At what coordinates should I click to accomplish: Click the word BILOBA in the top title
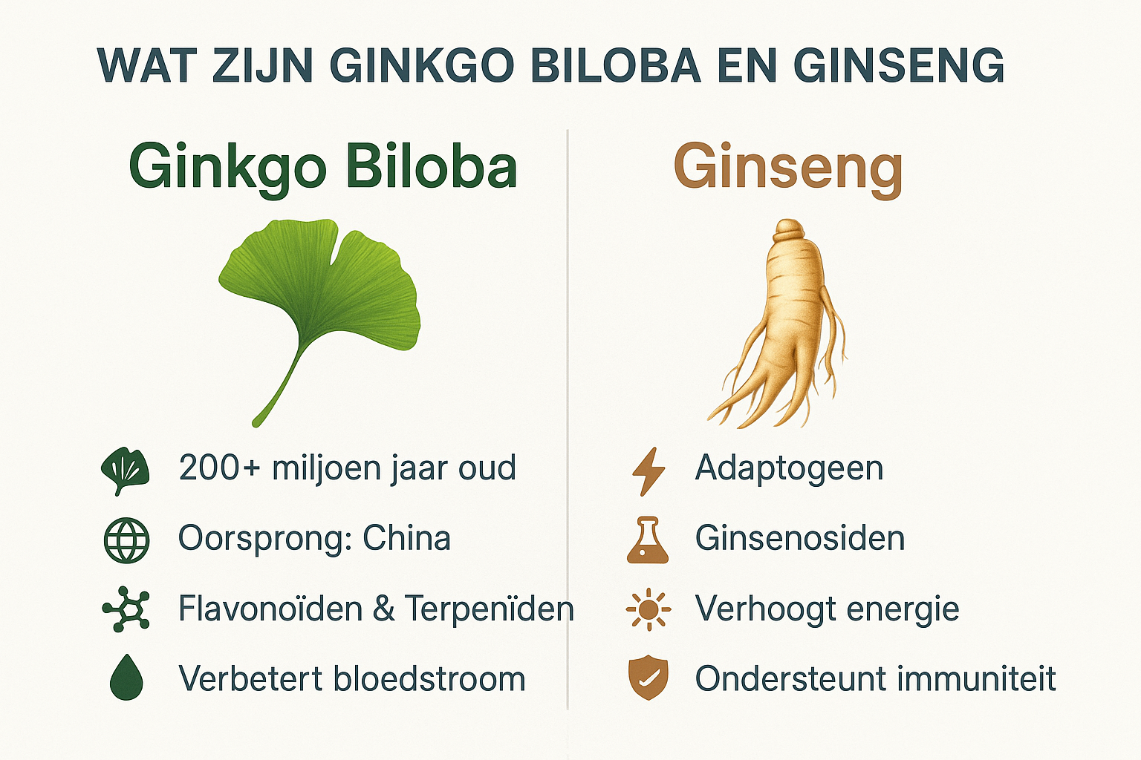point(616,65)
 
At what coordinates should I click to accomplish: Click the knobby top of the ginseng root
point(788,232)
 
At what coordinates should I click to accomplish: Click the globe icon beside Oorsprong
point(126,540)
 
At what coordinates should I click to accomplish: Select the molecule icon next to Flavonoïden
point(126,609)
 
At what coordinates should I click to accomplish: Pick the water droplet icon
point(126,677)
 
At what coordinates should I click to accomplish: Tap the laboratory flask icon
point(648,540)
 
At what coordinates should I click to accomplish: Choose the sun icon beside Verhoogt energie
point(648,609)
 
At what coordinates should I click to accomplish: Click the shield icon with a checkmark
point(648,678)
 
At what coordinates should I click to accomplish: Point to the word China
point(406,538)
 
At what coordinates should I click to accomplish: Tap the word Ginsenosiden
point(800,538)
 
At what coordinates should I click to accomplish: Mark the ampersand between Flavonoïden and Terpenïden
point(384,609)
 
